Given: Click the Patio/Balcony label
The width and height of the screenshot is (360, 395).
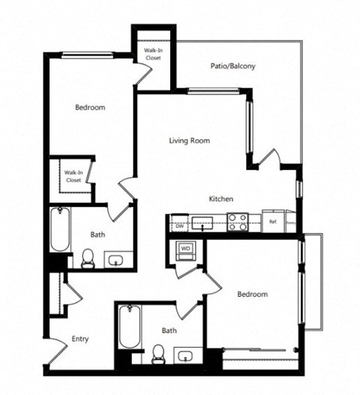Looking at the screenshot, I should tap(232, 66).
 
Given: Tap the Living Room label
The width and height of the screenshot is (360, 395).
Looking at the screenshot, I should tap(189, 140).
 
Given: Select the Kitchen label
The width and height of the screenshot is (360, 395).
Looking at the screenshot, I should tap(222, 199).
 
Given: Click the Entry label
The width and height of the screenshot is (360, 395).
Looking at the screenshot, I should tap(80, 339).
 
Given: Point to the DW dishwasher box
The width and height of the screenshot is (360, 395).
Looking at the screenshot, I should tap(180, 223).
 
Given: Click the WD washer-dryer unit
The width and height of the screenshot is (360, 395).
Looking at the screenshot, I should tap(185, 248).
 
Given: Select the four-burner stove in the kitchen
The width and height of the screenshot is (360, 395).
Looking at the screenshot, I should tap(238, 222).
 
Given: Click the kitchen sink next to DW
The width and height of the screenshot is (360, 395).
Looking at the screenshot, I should tap(202, 223).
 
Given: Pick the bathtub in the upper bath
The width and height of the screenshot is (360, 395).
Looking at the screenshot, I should tap(58, 229).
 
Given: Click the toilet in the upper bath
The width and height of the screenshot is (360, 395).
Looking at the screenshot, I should tap(86, 260).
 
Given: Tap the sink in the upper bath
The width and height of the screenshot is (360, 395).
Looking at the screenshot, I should tap(116, 260).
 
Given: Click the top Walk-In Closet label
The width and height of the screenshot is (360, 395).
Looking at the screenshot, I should tap(150, 53).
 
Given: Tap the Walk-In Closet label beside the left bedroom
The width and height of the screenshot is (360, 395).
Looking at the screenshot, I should tap(73, 176).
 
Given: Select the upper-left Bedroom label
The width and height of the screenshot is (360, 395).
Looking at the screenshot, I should tap(90, 107).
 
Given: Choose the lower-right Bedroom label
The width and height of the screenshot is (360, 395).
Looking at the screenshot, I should tap(252, 294).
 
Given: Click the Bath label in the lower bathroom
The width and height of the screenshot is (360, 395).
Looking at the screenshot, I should tap(169, 330).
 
